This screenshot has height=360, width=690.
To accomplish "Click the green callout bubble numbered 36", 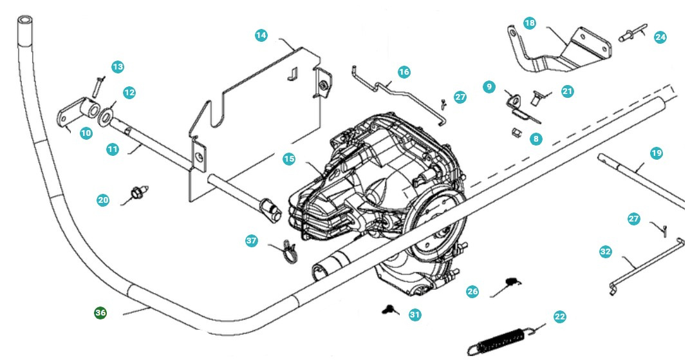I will pos(100,312).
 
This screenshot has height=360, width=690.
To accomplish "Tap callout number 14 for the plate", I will pos(261,35).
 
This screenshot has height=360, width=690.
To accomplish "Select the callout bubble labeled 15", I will pos(289,158).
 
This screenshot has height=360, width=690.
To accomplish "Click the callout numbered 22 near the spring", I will pos(559,317).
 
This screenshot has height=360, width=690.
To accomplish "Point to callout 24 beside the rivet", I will pos(660,37).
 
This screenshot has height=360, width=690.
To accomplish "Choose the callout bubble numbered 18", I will pos(529,23).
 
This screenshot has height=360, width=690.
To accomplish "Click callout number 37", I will pos(252,241).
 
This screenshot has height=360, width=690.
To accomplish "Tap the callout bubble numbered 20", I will pos(103,200).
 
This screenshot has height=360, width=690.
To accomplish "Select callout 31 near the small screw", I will pos(415,314).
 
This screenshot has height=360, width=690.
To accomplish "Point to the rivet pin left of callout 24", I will pos(629,35).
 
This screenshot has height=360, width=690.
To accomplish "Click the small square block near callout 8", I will pos(516,134).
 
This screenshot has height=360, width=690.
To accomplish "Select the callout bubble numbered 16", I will pos(404,72).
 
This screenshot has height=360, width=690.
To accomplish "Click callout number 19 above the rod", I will pos(656,153).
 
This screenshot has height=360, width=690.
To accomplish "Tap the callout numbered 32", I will pos(605,252).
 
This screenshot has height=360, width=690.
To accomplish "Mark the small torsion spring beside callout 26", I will pos(512,281).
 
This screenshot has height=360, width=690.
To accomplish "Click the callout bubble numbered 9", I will pos(489,86).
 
